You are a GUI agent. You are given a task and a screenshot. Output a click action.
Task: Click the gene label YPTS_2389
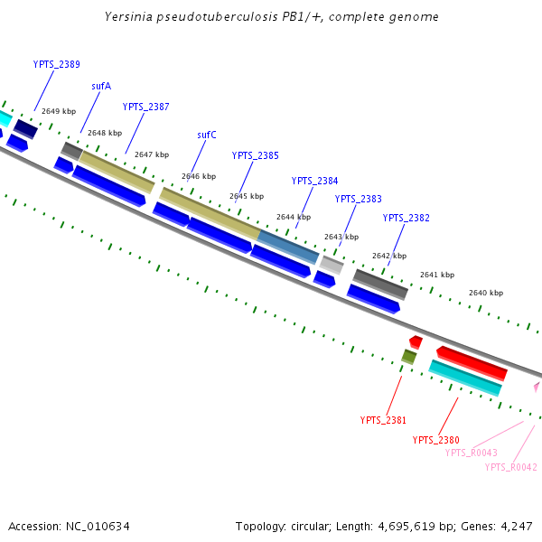point(56,64)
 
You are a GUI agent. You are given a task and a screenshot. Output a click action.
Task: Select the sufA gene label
point(101,87)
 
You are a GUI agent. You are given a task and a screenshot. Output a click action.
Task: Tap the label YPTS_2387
point(145,107)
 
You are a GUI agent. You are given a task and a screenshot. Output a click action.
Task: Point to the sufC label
point(207,135)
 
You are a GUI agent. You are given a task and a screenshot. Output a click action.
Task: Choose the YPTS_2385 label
point(255,155)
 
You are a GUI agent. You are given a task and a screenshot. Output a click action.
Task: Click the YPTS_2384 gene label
point(314,181)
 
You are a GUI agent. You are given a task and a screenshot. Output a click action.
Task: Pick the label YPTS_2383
point(358,199)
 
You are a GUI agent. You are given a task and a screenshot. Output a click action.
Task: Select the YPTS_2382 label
point(406,218)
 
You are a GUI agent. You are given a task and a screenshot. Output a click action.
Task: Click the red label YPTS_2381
point(383,420)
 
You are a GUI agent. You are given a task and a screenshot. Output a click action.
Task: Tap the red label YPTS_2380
point(435,440)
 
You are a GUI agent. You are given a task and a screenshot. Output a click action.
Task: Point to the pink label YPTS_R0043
point(471,453)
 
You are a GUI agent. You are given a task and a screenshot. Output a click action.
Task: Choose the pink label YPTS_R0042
point(510,467)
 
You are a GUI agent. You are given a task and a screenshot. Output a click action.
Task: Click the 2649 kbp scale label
point(59,111)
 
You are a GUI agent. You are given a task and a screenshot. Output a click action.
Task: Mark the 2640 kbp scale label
point(485,293)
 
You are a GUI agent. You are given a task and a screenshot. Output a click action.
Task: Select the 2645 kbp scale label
point(246,196)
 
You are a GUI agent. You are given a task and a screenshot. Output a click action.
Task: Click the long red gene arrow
point(471,362)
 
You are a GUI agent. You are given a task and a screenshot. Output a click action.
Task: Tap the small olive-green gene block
point(408,357)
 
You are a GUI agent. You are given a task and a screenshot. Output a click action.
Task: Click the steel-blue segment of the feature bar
point(287,247)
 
